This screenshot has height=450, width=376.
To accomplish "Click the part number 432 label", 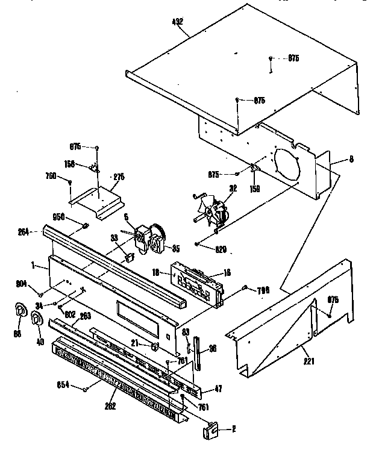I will click(x=177, y=22).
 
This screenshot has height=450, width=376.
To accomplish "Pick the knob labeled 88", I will click(x=20, y=310).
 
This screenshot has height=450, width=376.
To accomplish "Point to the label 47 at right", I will click(x=218, y=389).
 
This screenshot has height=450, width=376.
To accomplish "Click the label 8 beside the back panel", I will click(x=351, y=160).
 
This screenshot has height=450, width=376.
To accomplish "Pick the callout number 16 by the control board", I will click(x=227, y=273).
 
